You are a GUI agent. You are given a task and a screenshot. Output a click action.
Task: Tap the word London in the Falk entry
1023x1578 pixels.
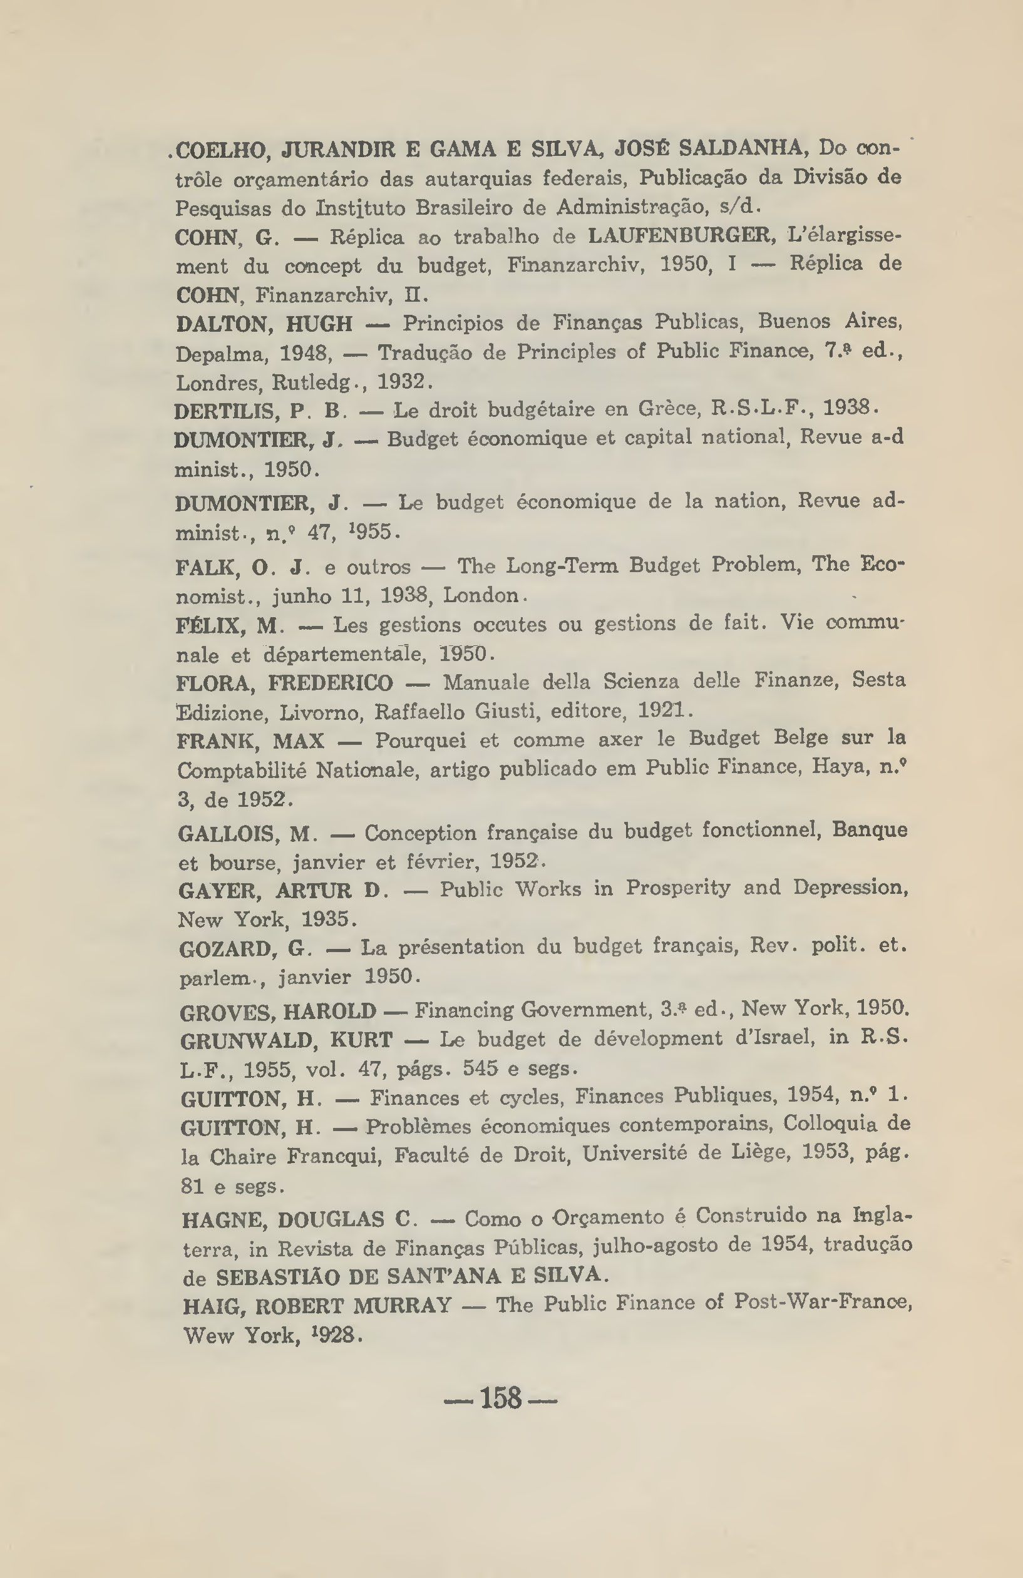[481, 595]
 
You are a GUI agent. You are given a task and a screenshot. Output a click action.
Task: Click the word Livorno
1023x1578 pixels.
[321, 712]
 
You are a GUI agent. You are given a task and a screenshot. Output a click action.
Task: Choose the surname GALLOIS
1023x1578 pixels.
[228, 833]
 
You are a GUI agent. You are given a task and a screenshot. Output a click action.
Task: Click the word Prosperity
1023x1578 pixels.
[677, 887]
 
